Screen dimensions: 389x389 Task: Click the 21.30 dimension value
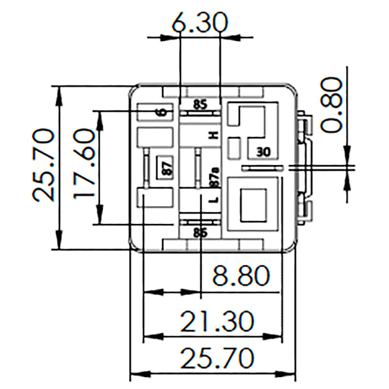click(x=217, y=321)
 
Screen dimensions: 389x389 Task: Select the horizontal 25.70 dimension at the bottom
click(x=217, y=358)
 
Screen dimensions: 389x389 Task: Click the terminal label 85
click(x=200, y=104)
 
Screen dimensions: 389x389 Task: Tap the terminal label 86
click(x=200, y=233)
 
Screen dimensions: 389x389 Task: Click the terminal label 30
click(x=263, y=152)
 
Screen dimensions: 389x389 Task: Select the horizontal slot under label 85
click(x=200, y=113)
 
